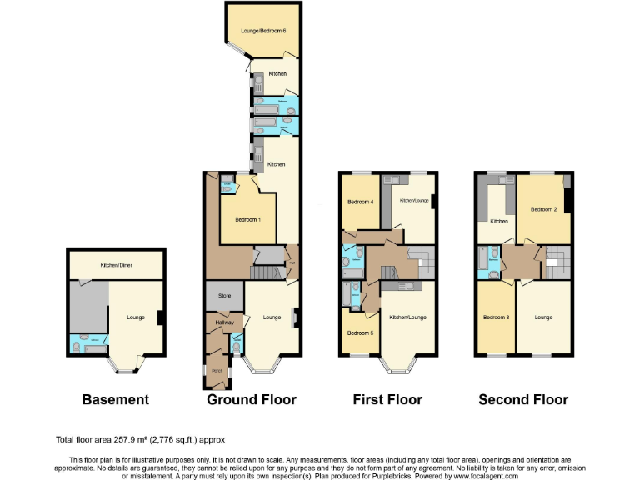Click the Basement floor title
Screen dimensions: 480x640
tap(115, 400)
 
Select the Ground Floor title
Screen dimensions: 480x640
tap(252, 400)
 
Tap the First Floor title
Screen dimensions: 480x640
tap(387, 400)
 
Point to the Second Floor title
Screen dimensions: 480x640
tap(523, 400)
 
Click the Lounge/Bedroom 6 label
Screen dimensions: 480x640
tap(263, 31)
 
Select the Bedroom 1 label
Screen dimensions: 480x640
tap(248, 219)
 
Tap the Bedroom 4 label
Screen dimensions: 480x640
tap(360, 202)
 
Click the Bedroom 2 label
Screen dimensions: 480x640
tap(543, 209)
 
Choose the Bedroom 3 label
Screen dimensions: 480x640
tap(495, 317)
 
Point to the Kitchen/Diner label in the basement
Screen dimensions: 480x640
tap(117, 265)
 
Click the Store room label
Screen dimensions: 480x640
tap(224, 296)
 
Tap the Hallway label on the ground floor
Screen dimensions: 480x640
tap(225, 322)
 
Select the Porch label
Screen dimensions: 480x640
tap(217, 370)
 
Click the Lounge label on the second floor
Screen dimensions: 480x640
tap(543, 317)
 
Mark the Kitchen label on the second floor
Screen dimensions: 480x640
tap(499, 221)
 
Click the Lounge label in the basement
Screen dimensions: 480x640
tap(135, 317)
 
